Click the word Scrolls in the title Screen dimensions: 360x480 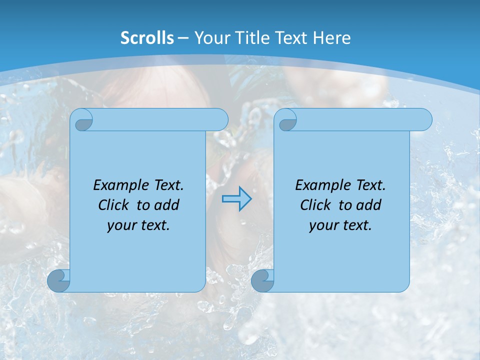click(x=147, y=38)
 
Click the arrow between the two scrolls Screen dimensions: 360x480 click(x=236, y=199)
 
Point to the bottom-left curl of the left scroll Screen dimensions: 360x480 click(x=58, y=280)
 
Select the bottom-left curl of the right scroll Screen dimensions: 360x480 click(x=262, y=280)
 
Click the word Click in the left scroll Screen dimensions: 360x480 click(x=112, y=205)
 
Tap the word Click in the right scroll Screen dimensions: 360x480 click(x=314, y=205)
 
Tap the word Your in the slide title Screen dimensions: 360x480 click(x=211, y=38)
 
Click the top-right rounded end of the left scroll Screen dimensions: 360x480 click(x=220, y=120)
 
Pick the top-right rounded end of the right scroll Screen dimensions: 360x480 click(x=424, y=120)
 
